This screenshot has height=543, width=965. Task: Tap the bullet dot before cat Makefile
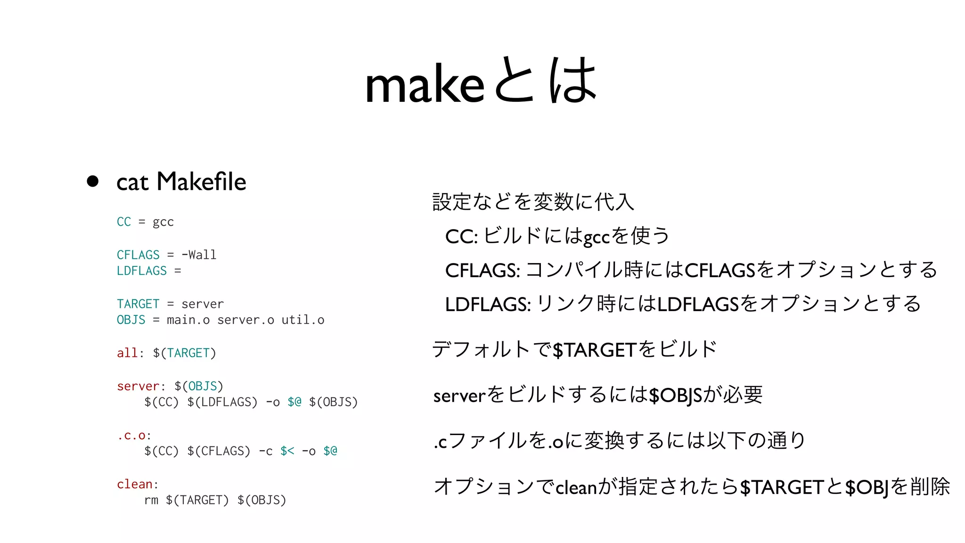93,181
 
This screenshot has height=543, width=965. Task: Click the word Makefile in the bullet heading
201,181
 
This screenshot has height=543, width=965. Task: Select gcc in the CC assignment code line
163,222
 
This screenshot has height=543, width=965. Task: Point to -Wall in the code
199,255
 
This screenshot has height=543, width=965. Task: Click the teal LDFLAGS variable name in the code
142,271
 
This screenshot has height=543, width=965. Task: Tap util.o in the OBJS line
303,320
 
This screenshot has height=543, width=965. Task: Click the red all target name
127,353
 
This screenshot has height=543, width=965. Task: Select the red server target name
138,386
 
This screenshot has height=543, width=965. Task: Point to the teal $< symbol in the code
287,451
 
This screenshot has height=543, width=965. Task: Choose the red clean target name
135,484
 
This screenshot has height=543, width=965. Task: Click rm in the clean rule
151,500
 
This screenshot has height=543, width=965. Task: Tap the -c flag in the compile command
266,451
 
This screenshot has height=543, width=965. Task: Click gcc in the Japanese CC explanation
597,237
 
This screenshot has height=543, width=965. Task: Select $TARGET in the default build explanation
595,350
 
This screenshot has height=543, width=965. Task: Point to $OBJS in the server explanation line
676,395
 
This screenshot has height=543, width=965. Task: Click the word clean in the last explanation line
576,487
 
